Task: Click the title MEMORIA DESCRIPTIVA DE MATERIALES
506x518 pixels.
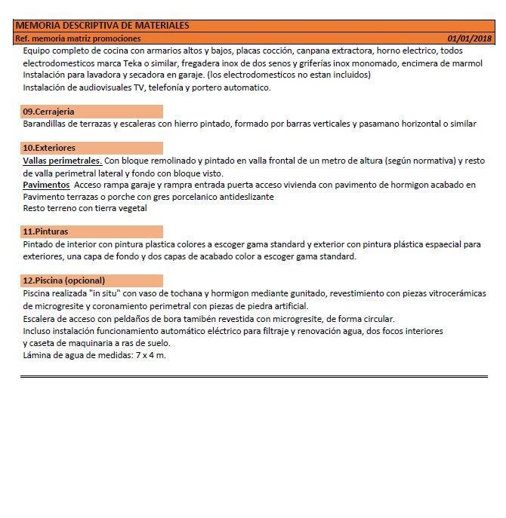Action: pos(102,26)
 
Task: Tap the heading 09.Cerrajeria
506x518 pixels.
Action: pos(48,112)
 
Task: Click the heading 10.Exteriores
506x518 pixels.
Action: pos(49,148)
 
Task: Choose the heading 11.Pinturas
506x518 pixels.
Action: pos(45,231)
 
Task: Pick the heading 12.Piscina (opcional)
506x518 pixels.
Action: pos(64,280)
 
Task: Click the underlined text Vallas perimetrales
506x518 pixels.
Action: pos(62,161)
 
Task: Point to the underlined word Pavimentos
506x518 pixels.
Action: pos(47,185)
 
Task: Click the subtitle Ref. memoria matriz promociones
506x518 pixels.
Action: pos(78,38)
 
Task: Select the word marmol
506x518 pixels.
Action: pos(467,63)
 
